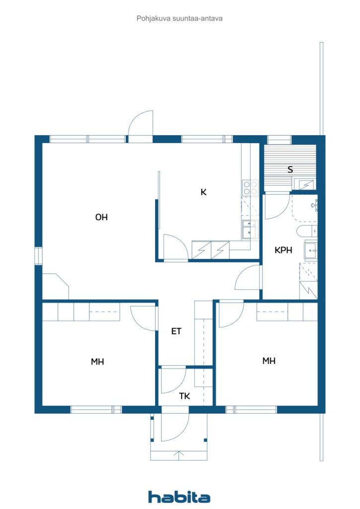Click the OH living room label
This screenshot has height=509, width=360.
click(101, 217)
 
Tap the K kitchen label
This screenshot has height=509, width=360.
click(203, 192)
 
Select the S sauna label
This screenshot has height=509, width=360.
click(290, 169)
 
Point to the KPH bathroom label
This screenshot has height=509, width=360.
click(283, 250)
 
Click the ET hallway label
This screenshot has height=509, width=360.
click(176, 331)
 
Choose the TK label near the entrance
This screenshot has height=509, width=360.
click(184, 396)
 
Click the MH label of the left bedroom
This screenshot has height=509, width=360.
click(97, 361)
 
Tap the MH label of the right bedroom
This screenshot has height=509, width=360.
click(269, 360)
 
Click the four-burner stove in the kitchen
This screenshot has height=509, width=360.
click(251, 188)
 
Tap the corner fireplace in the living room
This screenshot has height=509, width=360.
click(56, 286)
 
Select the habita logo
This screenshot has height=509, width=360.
click(179, 497)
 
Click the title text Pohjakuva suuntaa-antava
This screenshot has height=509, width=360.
click(180, 18)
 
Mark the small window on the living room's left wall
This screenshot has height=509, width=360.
click(39, 256)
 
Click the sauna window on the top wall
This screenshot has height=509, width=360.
click(279, 140)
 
